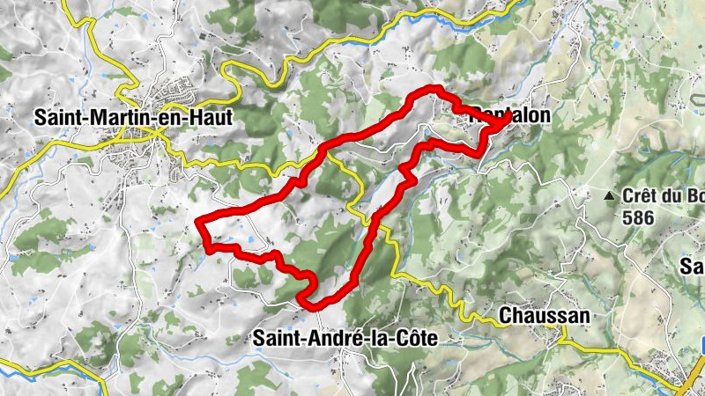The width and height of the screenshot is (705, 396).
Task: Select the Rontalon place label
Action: coord(511,115)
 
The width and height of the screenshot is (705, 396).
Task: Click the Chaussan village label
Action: coord(544,314)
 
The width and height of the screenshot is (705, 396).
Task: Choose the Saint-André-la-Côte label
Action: coord(345,337)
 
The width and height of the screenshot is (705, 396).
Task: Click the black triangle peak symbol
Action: coord(608,196)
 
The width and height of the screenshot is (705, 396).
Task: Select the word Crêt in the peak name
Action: coord(640,197)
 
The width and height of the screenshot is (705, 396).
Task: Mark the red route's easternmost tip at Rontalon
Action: coord(508,122)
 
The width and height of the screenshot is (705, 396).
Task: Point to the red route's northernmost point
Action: coord(434,88)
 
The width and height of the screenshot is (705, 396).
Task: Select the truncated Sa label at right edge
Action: coord(692,265)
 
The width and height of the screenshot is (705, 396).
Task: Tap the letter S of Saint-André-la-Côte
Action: coord(259,337)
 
